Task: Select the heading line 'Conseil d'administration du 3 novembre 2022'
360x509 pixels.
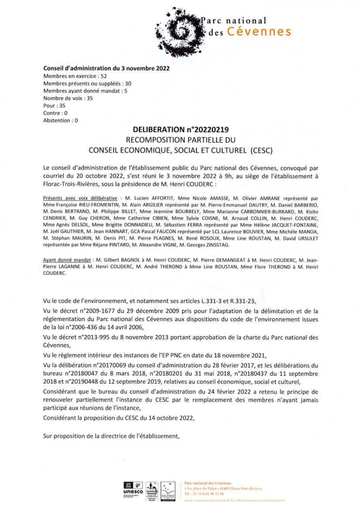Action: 106,68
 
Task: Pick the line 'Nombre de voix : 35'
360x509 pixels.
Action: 68,98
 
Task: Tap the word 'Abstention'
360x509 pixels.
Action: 57,121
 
